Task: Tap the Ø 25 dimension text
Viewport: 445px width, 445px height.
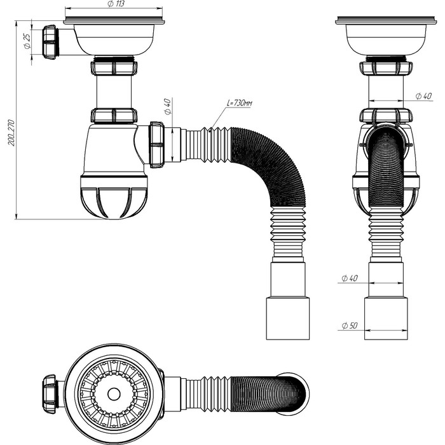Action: point(27,42)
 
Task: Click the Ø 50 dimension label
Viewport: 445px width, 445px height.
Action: point(350,325)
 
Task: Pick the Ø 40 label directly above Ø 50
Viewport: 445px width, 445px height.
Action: point(350,278)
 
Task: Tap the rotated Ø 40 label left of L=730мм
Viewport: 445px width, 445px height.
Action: point(167,106)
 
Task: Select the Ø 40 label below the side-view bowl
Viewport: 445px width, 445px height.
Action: point(424,96)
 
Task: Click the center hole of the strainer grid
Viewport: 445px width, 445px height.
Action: point(114,394)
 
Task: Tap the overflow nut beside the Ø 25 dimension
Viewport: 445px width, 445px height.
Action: point(50,42)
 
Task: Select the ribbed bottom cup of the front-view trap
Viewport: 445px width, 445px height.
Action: point(114,196)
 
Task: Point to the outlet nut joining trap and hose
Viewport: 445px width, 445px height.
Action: point(156,145)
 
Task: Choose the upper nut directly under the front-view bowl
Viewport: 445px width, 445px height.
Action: point(114,67)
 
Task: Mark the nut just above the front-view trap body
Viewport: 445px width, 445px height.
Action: point(114,116)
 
